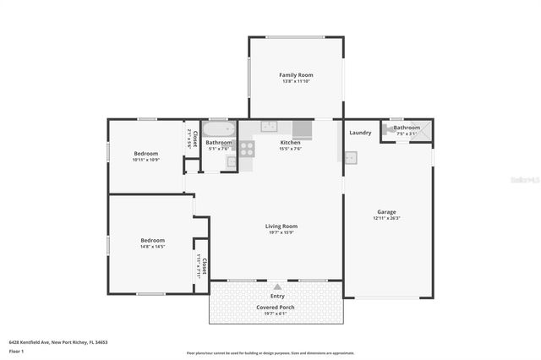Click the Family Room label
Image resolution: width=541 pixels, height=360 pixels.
tap(296, 75)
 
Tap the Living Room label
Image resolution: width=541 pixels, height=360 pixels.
tap(281, 226)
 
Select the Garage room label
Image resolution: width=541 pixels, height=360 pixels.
tap(386, 211)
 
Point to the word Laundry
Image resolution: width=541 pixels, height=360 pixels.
tap(360, 133)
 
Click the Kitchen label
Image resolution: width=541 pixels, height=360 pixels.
tap(290, 143)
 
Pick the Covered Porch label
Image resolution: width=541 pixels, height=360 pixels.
tap(276, 306)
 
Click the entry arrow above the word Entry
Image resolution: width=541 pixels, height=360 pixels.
tap(277, 286)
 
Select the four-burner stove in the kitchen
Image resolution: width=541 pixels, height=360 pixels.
tap(247, 149)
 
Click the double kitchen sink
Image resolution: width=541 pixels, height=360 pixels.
tap(269, 127)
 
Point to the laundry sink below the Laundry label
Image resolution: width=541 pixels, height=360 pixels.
tap(350, 157)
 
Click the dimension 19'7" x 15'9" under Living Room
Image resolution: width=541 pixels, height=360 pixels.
tap(281, 233)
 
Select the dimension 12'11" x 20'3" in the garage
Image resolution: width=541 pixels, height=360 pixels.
tap(386, 219)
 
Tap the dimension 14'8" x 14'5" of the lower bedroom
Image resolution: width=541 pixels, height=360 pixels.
tap(152, 247)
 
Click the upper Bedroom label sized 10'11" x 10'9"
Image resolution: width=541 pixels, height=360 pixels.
tap(145, 153)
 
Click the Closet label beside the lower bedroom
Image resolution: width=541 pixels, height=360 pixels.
tap(203, 265)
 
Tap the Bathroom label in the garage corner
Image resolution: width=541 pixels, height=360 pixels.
tap(406, 127)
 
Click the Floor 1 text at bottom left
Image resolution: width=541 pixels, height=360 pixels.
tap(16, 349)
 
